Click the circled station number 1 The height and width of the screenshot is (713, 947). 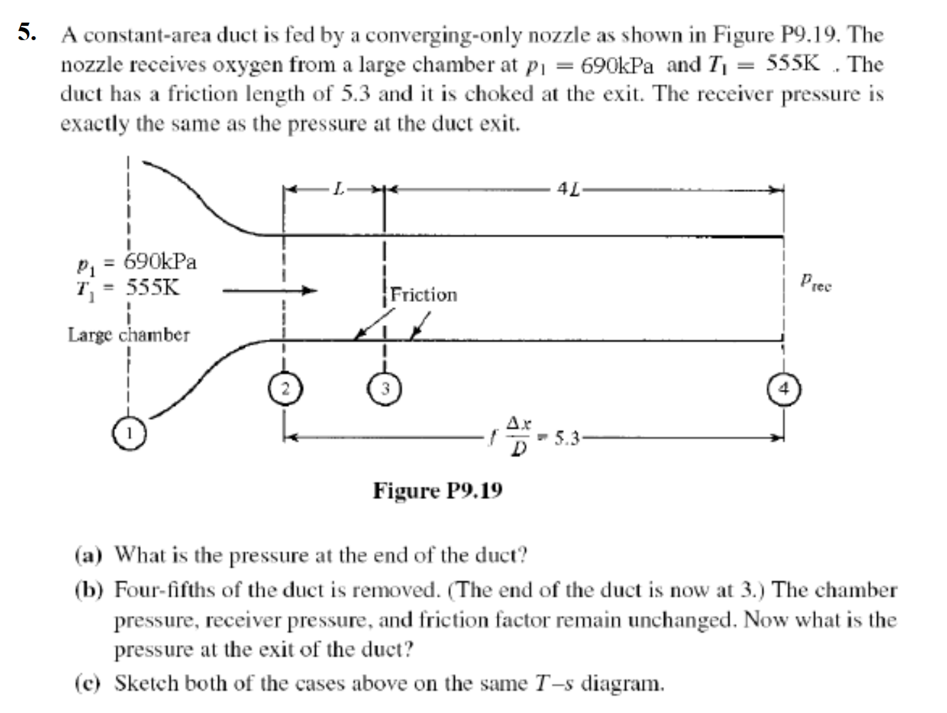[129, 434]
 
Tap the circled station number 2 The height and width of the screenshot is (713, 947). [285, 389]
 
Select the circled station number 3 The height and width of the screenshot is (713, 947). [384, 389]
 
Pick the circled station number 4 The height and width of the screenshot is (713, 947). [784, 389]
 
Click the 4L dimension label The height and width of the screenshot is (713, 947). [569, 189]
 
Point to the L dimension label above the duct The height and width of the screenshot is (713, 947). [339, 189]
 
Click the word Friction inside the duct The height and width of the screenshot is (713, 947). [424, 295]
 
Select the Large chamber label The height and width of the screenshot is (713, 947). [129, 334]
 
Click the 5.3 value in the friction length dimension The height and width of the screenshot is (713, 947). [567, 438]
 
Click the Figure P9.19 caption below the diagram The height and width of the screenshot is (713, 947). [437, 491]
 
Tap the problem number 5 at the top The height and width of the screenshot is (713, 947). [27, 32]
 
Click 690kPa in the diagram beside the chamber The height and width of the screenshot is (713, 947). [160, 262]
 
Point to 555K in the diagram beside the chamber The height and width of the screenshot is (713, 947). [152, 288]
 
